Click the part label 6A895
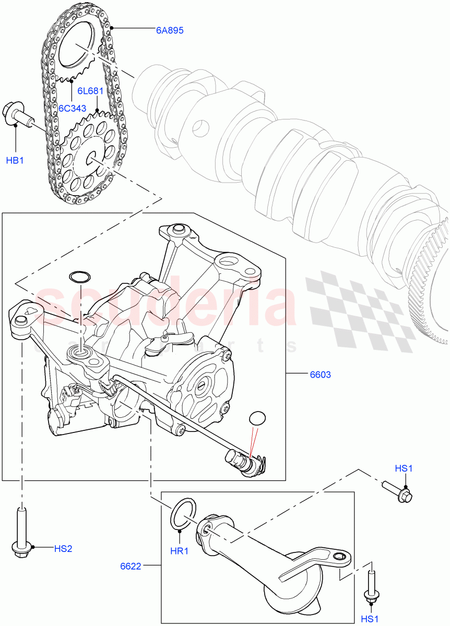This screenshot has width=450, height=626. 169,30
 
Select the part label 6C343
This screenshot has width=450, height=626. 72,109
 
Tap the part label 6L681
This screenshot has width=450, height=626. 90,91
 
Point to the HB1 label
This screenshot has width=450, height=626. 15,160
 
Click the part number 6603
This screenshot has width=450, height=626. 320,375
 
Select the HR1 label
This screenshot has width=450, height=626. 179,550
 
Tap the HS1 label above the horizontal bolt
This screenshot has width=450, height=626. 404,468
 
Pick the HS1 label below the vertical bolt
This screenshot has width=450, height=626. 370,619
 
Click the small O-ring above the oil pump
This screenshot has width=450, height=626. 79,276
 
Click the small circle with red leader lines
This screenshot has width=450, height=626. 257,419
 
